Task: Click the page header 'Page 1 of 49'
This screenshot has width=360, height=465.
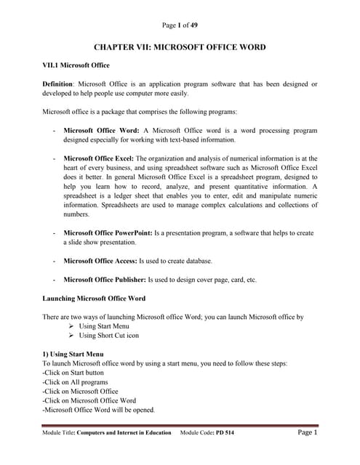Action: (180, 25)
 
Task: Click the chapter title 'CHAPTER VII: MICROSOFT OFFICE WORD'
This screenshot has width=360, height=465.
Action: (180, 47)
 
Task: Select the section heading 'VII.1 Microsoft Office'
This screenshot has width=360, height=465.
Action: (76, 65)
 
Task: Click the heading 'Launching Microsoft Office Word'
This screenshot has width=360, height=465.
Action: (94, 299)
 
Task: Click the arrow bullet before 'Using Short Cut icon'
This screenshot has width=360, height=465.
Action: (71, 336)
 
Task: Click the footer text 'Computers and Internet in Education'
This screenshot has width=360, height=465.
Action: (124, 433)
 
